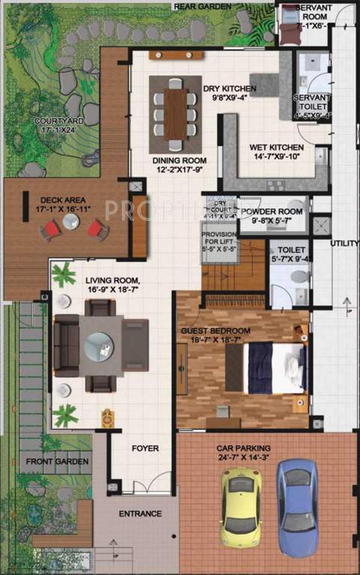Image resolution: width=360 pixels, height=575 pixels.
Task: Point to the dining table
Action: pos(175,114)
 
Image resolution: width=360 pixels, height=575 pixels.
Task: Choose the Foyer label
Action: pos(145,448)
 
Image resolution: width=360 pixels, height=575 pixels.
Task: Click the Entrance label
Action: pos(140,514)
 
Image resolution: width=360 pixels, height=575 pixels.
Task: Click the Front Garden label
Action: pos(58,461)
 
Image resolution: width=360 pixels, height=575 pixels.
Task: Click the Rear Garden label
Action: pos(202,6)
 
